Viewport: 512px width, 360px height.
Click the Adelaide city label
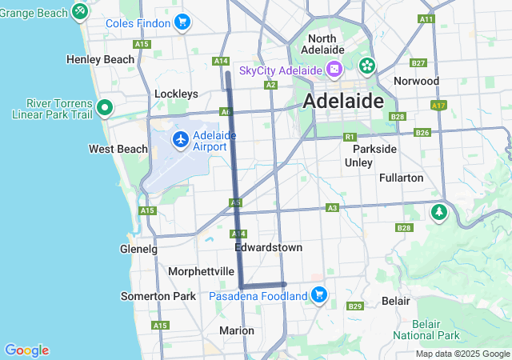[x=343, y=102]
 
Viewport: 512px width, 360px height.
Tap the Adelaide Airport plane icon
[x=181, y=140]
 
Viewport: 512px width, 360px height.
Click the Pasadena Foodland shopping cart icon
[x=319, y=295]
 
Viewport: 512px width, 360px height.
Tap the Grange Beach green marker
[x=80, y=11]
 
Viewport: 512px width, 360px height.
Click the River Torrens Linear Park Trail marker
[x=104, y=107]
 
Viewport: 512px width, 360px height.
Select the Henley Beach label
[x=101, y=59]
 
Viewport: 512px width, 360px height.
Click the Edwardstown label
[x=268, y=248]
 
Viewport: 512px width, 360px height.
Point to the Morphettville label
[x=200, y=271]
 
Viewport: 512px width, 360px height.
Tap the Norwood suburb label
[x=417, y=81]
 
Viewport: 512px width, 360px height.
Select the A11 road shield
[x=426, y=18]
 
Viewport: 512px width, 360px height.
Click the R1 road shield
[x=350, y=137]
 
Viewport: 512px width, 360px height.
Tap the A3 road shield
[x=332, y=208]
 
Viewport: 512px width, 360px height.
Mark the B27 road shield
[x=418, y=62]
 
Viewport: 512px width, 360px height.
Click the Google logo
[x=26, y=350]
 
